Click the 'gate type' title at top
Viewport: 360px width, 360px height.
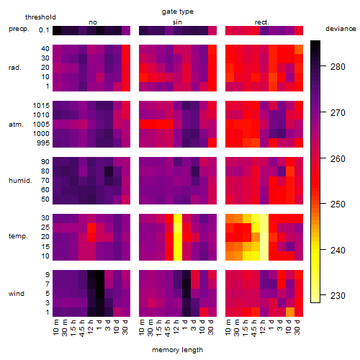coord(178,12)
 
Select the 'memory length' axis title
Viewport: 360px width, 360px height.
coord(177,350)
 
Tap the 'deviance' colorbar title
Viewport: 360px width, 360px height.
coord(341,29)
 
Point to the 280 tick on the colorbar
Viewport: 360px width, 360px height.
coord(323,66)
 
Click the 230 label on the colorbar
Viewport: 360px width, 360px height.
coord(338,295)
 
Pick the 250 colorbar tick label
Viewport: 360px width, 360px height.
coord(338,204)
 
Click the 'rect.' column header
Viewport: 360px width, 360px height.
coord(262,22)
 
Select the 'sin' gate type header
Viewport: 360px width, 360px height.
coord(177,22)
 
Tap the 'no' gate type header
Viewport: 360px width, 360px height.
coord(93,22)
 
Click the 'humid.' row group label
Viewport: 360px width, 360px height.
coord(20,180)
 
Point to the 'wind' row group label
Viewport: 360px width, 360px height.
coord(17,294)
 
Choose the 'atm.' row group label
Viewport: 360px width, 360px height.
coord(16,125)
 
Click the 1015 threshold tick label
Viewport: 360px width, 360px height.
coord(41,106)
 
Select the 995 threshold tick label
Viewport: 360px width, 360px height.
coord(43,143)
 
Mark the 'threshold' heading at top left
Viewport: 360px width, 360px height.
coord(40,17)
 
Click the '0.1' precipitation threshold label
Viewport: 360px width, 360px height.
coord(44,30)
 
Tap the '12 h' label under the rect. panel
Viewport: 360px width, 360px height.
coord(263,327)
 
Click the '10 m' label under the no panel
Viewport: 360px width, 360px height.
coord(55,328)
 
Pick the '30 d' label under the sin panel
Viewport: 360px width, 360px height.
coord(211,328)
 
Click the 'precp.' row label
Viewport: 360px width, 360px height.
coord(19,29)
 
